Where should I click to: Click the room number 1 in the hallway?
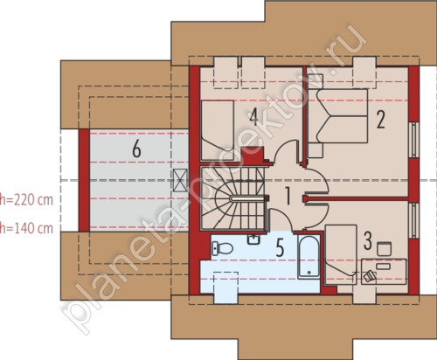[x=288, y=196]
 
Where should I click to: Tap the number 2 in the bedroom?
[x=380, y=119]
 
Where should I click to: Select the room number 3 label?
[x=368, y=240]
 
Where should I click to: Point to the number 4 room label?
[x=253, y=116]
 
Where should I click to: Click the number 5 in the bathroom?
[x=280, y=247]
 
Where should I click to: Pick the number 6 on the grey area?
[x=136, y=149]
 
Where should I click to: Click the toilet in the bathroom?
[x=223, y=248]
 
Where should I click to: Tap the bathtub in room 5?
[x=309, y=257]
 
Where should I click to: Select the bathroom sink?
[x=254, y=239]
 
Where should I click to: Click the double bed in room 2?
[x=338, y=116]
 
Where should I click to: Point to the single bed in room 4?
[x=218, y=130]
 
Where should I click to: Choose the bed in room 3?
[x=341, y=254]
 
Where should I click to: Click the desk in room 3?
[x=384, y=272]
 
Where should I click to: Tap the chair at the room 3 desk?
[x=385, y=249]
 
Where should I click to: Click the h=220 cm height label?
[x=26, y=200]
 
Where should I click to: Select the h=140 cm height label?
[x=26, y=228]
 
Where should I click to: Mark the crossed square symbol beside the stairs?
[x=180, y=180]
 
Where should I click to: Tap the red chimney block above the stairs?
[x=253, y=156]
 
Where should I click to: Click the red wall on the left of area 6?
[x=84, y=181]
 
